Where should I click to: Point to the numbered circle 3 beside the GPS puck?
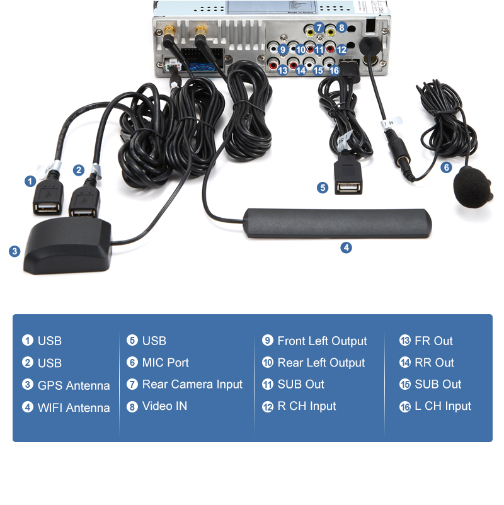coord(14,251)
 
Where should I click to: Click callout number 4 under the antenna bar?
coord(346,247)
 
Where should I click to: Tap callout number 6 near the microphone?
coord(446,167)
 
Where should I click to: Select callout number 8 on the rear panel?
coord(341,28)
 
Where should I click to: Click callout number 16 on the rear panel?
coord(334,71)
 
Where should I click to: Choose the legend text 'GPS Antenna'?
coord(73,385)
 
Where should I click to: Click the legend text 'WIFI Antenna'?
coord(73,407)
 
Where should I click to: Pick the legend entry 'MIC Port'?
coord(165,363)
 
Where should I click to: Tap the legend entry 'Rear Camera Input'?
coord(192,384)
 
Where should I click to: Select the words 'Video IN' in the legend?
coord(164,406)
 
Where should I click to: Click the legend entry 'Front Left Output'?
coord(321,341)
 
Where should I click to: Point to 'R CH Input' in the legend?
coord(306,406)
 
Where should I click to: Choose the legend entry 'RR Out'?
coord(434,363)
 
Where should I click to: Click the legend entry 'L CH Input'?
coord(442,406)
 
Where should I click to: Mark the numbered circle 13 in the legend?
coord(404,341)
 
